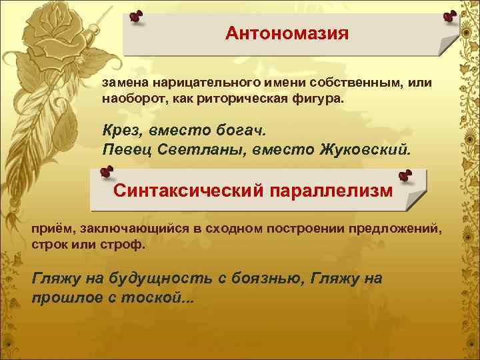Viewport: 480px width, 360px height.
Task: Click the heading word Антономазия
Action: tap(287, 33)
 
